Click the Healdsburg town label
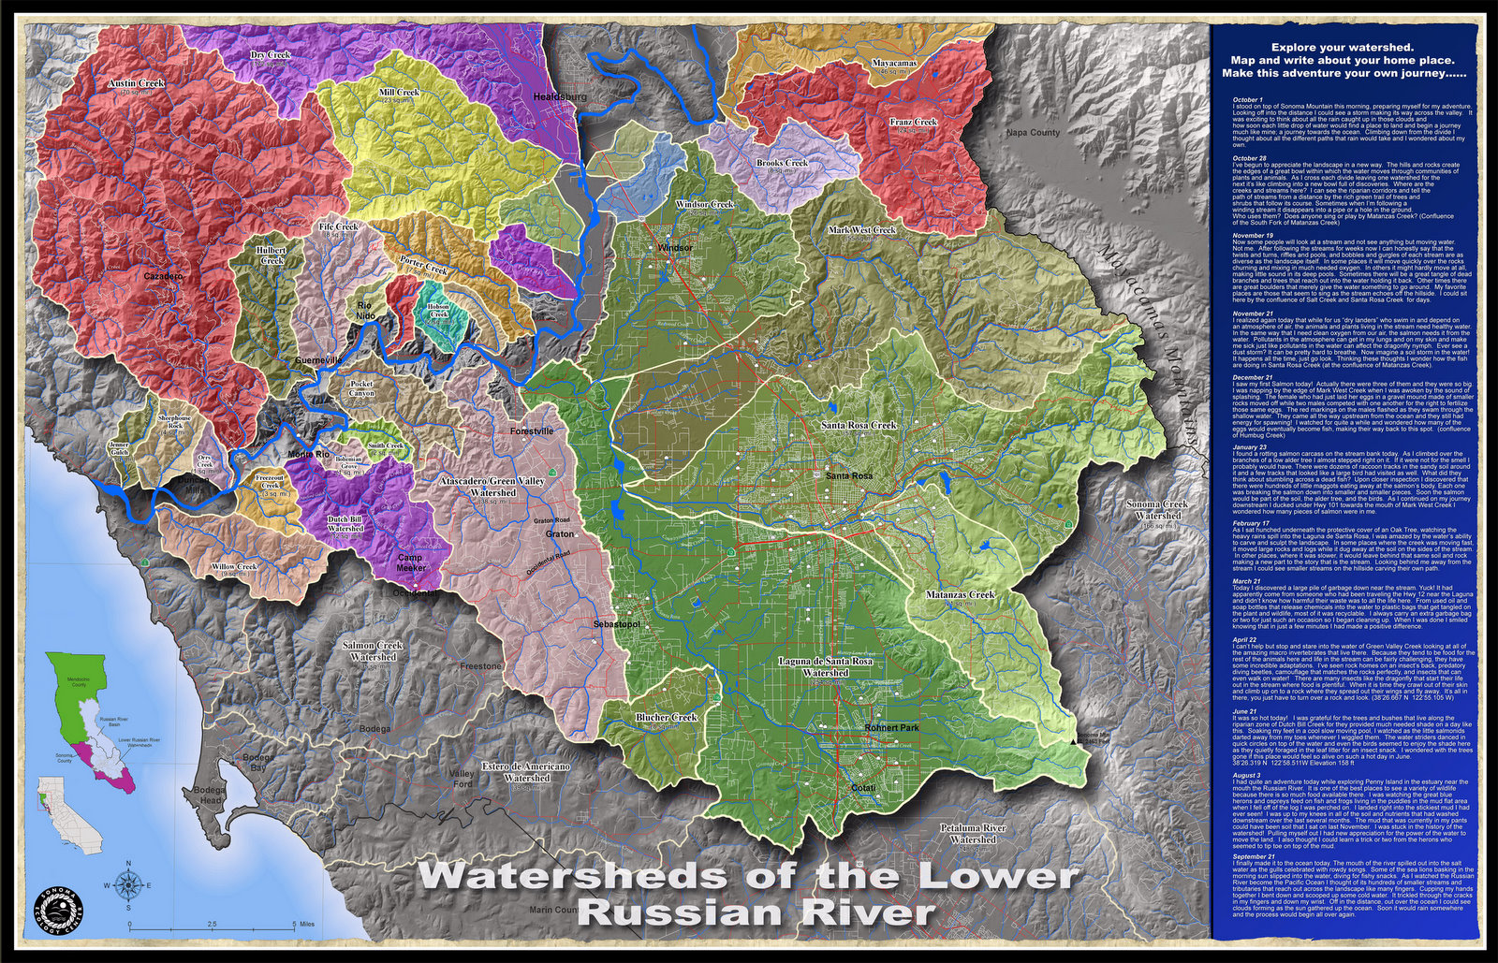pos(559,96)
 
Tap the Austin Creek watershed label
pos(136,83)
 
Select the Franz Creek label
pos(913,123)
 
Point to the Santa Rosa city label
pos(849,476)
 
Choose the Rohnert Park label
pos(892,727)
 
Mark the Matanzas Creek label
pos(960,594)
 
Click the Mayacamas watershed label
pos(894,63)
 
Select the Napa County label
pos(1033,133)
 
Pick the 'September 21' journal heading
pos(1254,856)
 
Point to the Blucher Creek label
pos(666,718)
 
